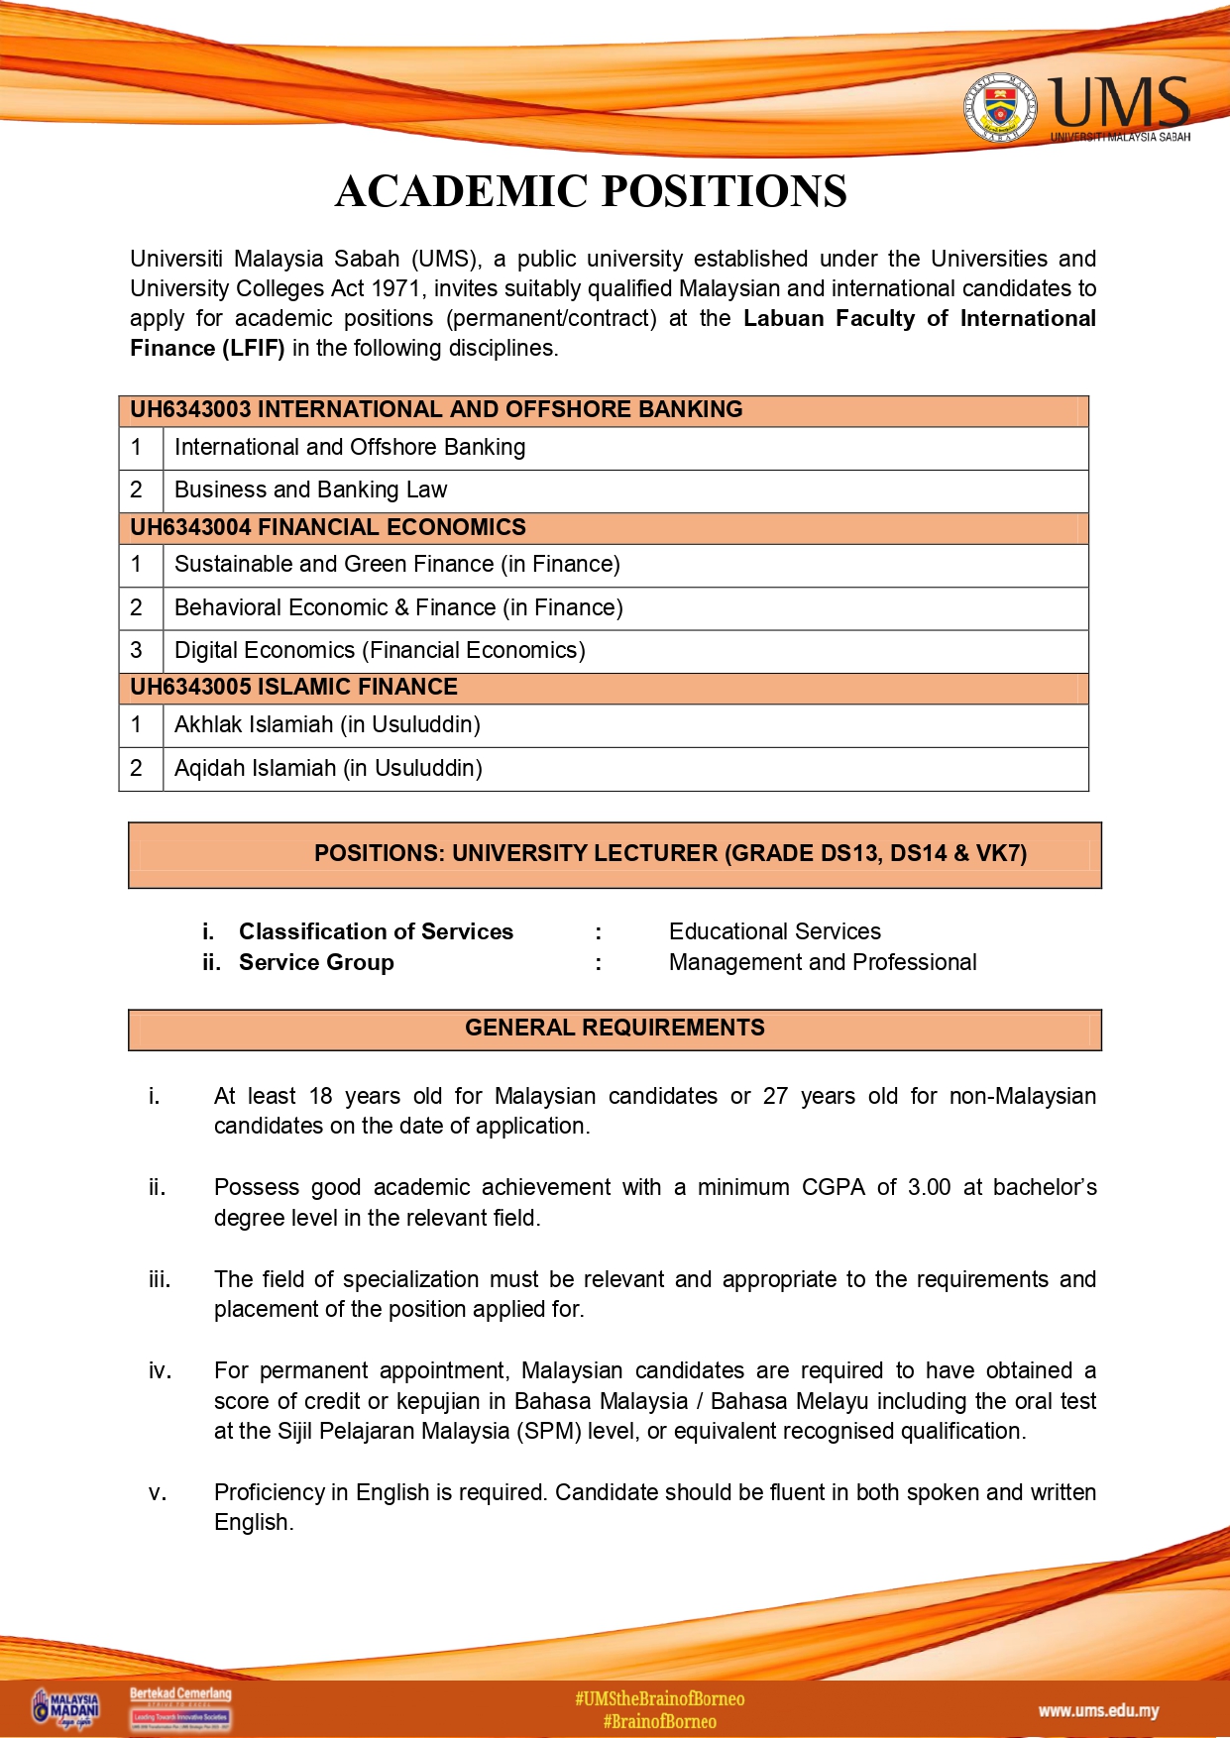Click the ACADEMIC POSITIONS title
pos(591,191)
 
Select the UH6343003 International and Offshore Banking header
pos(436,410)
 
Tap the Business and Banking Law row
pos(310,489)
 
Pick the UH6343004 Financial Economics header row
pos(328,527)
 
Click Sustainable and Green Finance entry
pos(396,564)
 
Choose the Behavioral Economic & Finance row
pos(398,607)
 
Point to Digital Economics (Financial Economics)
pos(380,650)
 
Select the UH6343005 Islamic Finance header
pos(293,687)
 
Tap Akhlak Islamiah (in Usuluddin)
pos(327,724)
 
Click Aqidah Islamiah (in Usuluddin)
pos(328,768)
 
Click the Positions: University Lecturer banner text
pos(670,853)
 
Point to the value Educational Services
pos(774,931)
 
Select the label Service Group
pos(316,962)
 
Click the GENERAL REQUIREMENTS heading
pos(615,1028)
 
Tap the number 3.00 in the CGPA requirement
pos(929,1187)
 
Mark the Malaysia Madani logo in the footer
pos(67,1708)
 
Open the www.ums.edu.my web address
pos(1098,1710)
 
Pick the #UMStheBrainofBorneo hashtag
pos(659,1698)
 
